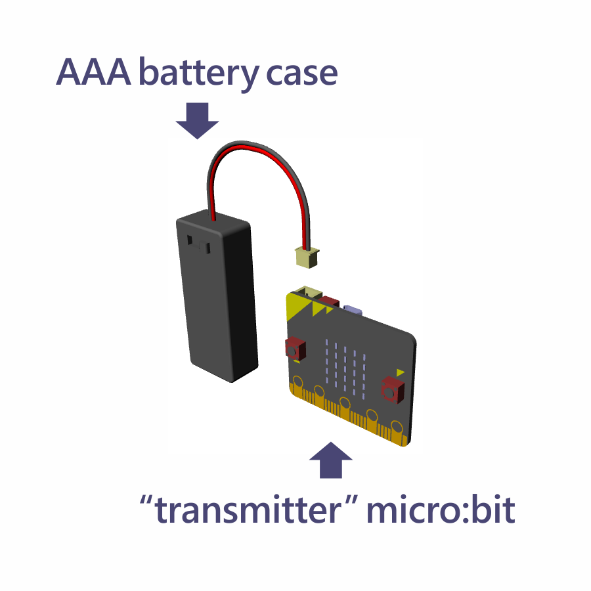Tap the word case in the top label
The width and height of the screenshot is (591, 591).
[x=302, y=73]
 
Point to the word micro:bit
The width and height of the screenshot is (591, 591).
[x=439, y=510]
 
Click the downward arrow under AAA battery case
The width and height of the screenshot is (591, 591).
[x=197, y=120]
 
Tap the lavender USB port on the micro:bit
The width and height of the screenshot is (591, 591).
[x=355, y=309]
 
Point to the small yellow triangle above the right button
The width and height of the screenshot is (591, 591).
[x=401, y=372]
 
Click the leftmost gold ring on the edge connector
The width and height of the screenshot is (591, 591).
[x=297, y=381]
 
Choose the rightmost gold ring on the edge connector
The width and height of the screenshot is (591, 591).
[x=395, y=424]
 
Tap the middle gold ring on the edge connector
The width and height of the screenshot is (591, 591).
[x=343, y=401]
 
